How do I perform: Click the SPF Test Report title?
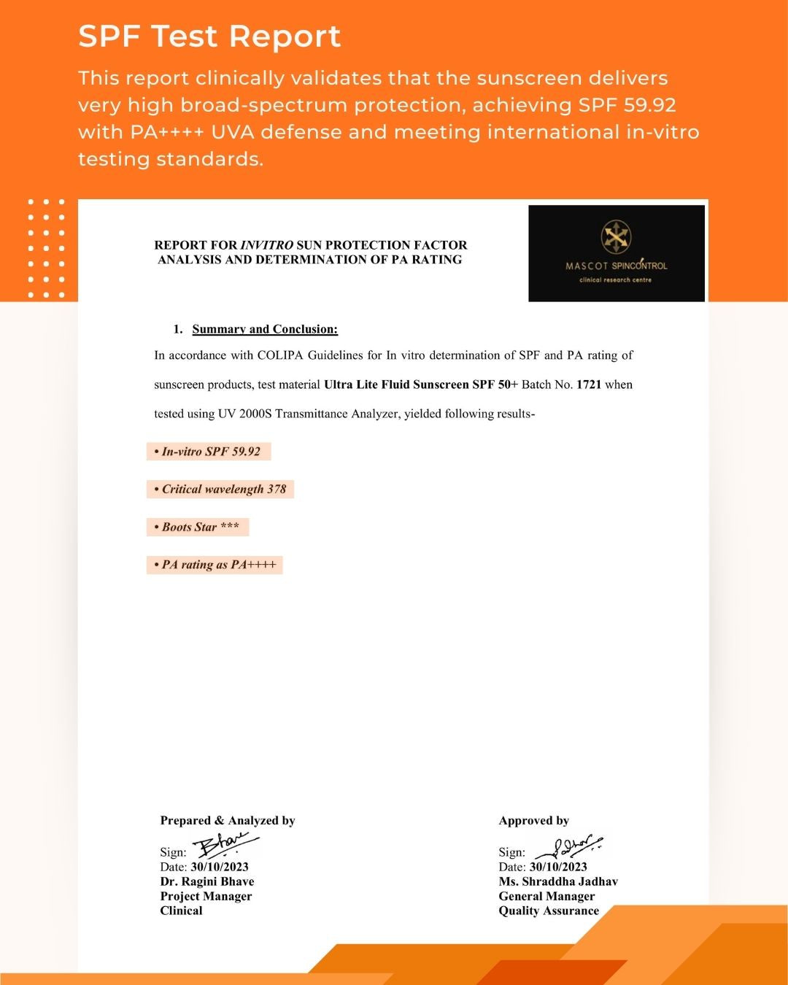click(209, 36)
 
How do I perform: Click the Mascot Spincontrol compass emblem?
click(615, 236)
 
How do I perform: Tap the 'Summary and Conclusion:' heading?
click(265, 329)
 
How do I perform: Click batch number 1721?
click(589, 385)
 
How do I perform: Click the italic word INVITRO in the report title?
click(266, 245)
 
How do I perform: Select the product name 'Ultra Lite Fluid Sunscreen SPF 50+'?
click(420, 385)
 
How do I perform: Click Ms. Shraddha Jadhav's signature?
click(568, 847)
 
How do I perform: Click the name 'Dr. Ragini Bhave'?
click(207, 881)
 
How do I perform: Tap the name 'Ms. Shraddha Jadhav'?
click(558, 881)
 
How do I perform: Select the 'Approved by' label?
click(533, 821)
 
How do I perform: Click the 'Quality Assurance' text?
click(549, 911)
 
